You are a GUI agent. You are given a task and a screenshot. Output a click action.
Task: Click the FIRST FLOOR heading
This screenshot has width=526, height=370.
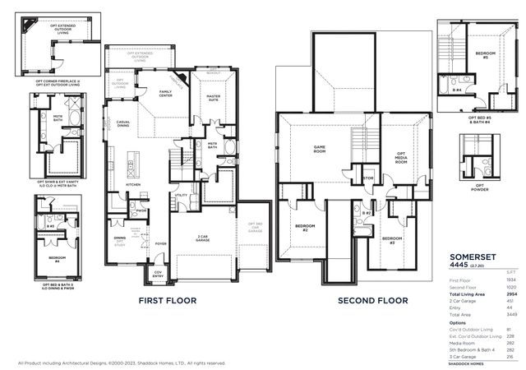click(x=167, y=301)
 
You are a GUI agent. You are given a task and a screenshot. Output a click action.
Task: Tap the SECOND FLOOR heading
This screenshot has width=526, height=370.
click(x=372, y=301)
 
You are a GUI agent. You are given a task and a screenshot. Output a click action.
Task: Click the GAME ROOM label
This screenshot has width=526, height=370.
click(x=320, y=150)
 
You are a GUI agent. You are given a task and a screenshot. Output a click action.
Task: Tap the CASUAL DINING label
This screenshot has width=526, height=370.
click(x=123, y=123)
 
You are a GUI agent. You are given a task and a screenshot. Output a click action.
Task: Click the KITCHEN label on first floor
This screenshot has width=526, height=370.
click(x=133, y=184)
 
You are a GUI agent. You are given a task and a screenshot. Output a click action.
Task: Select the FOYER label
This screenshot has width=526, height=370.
click(x=161, y=243)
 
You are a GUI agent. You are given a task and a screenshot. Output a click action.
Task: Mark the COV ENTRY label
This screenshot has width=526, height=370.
click(x=159, y=276)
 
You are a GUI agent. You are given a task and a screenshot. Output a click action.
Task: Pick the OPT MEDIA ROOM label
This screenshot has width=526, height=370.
click(x=401, y=159)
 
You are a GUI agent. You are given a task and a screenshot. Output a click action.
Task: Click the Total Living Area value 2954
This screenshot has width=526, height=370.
click(x=510, y=294)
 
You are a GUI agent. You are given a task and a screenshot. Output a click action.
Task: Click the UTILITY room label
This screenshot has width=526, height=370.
click(x=182, y=196)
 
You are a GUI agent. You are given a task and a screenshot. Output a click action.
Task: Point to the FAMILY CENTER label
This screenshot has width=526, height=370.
click(x=166, y=94)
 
